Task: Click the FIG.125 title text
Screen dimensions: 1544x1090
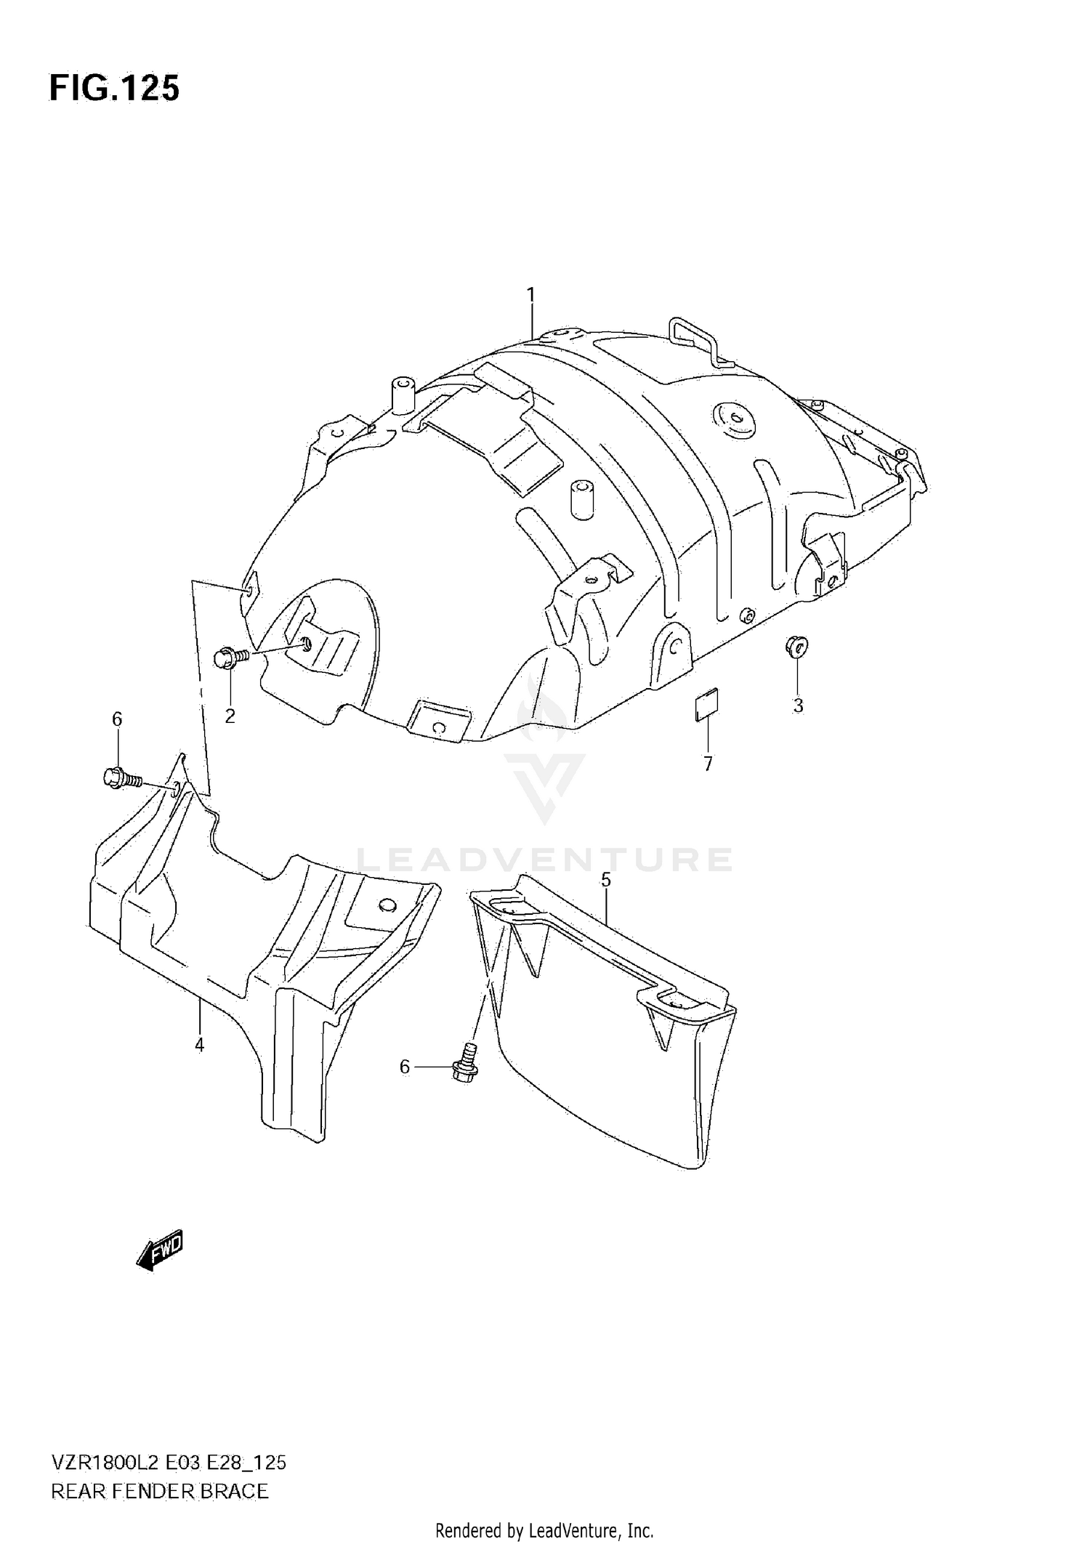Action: tap(114, 89)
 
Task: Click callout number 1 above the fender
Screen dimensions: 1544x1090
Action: tap(531, 295)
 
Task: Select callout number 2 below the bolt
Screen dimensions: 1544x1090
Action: tap(230, 716)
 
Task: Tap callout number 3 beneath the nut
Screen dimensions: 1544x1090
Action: tap(798, 705)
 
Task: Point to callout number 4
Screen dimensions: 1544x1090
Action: tap(199, 1045)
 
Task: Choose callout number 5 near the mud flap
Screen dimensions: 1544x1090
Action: tap(606, 880)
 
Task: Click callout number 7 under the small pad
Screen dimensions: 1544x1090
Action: tap(708, 763)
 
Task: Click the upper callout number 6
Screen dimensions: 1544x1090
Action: tap(117, 719)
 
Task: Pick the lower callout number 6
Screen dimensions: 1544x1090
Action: tap(405, 1067)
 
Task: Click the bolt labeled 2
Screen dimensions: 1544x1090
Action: tap(230, 658)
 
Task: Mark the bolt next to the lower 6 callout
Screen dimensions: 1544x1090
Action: tap(464, 1067)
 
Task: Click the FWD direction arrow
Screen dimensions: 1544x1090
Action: tap(161, 1249)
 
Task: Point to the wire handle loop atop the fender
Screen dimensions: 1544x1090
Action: tap(698, 338)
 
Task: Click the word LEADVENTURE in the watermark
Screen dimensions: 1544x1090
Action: tap(545, 859)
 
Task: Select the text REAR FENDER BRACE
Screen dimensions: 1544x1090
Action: tap(160, 1492)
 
